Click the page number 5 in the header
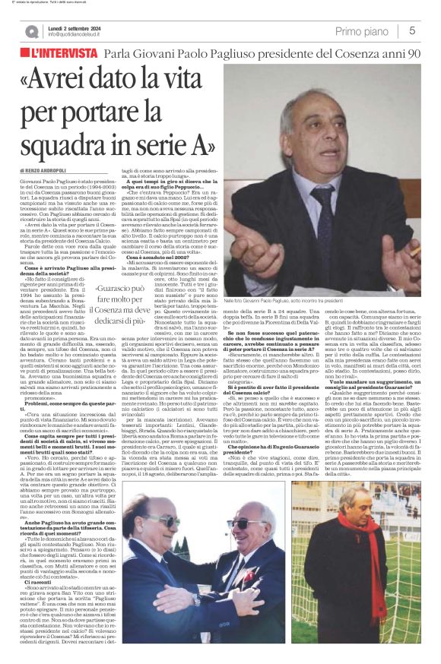411,30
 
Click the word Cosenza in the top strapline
351,55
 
